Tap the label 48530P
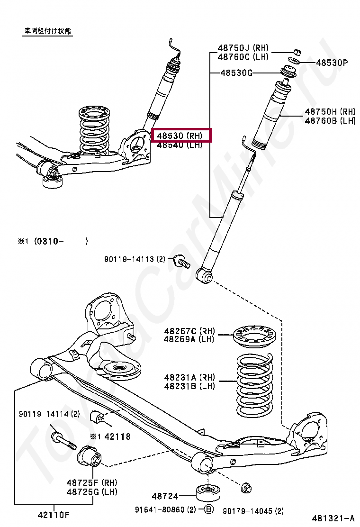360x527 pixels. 332,62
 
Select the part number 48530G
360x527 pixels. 236,73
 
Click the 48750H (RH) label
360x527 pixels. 330,112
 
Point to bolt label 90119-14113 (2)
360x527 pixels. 135,259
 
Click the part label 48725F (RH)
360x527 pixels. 91,482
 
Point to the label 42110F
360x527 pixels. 54,515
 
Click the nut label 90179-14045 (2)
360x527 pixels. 253,510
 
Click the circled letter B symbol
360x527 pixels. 209,510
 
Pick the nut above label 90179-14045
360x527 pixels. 246,488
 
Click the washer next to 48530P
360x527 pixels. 294,62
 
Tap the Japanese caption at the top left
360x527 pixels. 48,31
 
